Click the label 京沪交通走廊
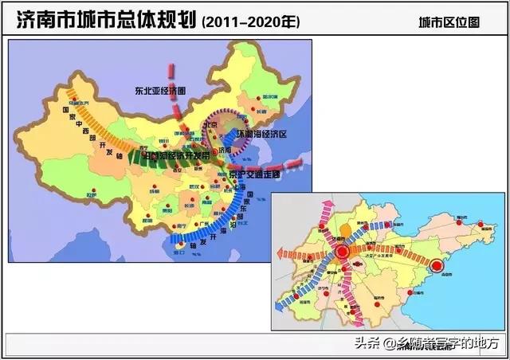254,174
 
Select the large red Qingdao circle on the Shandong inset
437,265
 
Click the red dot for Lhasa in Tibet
94,191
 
